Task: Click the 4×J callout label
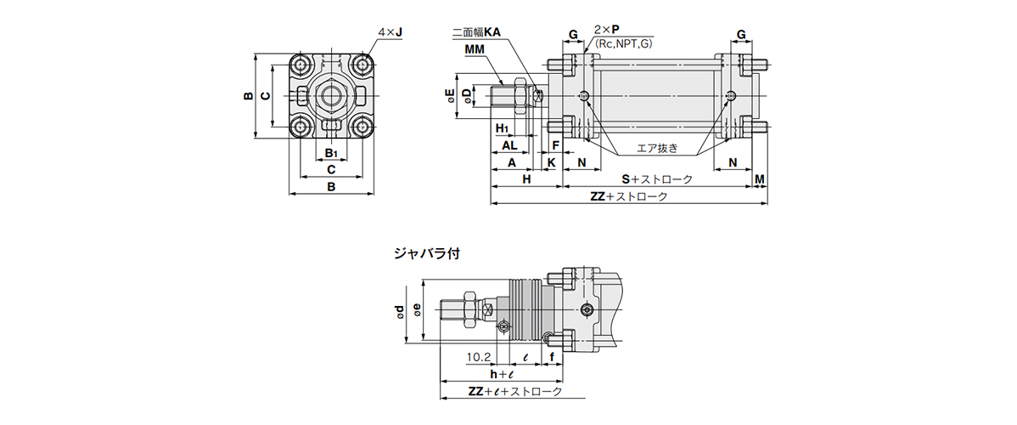[390, 33]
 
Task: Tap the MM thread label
[475, 50]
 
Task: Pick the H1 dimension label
[503, 128]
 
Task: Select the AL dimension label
[509, 145]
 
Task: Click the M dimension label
[760, 179]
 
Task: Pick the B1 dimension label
[333, 154]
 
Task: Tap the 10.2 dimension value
[479, 358]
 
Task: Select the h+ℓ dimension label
[503, 375]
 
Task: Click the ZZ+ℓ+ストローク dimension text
[515, 392]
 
